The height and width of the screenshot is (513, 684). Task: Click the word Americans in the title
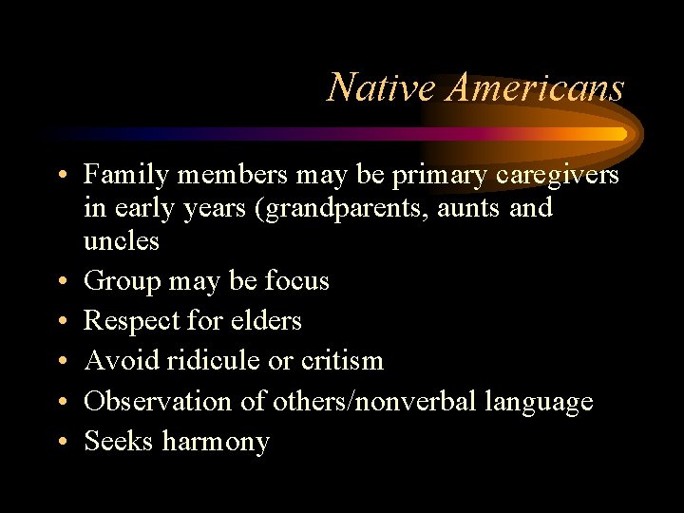pos(537,88)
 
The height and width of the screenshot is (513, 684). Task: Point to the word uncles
pos(122,240)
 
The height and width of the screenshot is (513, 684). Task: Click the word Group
pos(120,281)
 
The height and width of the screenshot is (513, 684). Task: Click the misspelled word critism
pos(341,361)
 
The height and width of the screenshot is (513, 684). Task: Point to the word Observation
pos(156,401)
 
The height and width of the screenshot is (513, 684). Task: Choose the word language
pos(539,401)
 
